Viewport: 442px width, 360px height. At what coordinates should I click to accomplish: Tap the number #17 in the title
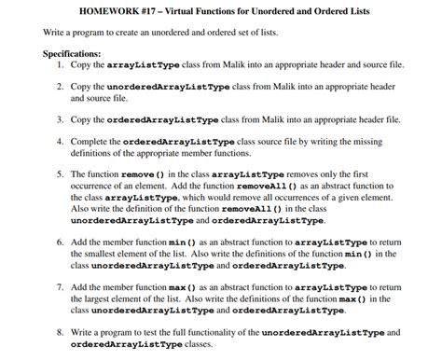(x=157, y=10)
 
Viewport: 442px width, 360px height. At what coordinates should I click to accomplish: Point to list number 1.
(x=61, y=66)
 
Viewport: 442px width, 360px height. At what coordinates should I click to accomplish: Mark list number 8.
(x=61, y=331)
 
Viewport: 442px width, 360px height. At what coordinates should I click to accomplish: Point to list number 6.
(x=61, y=241)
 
